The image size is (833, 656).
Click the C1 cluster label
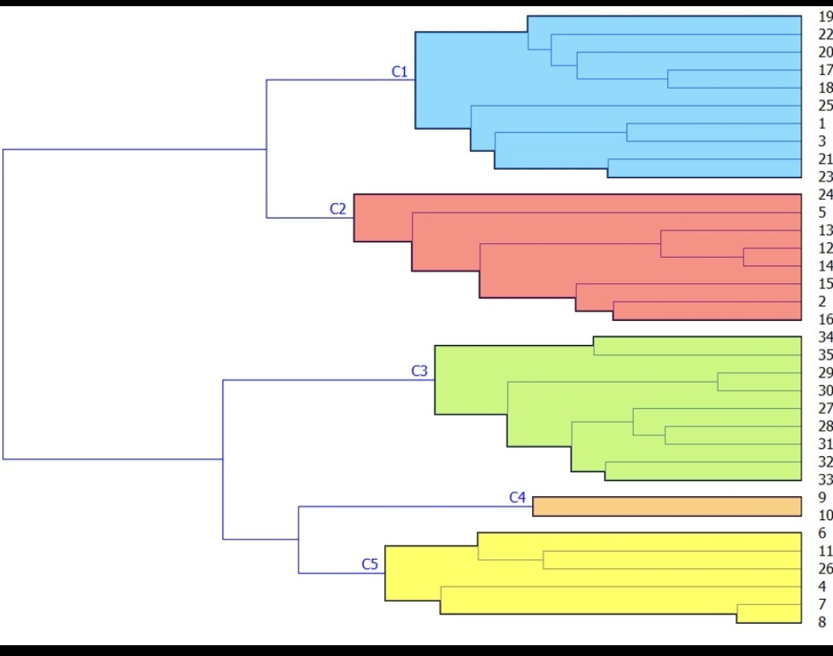coord(399,72)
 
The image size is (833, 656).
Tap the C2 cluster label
coord(338,208)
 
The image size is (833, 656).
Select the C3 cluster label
coord(419,371)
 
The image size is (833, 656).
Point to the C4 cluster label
coord(517,498)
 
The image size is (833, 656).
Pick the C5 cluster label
coord(370,564)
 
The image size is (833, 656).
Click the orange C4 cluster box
coord(667,506)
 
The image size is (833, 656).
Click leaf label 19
coord(825,17)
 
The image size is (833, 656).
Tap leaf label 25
coord(825,106)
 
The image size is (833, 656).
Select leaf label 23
coord(825,177)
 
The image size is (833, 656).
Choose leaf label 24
coord(825,194)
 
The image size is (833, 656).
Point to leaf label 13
coord(825,230)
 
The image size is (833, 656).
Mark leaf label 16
coord(825,319)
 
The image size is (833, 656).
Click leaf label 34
coord(825,337)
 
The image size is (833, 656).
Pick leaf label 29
coord(825,373)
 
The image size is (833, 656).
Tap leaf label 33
coord(825,479)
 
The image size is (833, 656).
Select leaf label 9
coord(821,498)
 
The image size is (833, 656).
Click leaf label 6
coord(821,533)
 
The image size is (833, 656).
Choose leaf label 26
coord(825,569)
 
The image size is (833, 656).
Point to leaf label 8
coord(821,622)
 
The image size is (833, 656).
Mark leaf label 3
coord(821,141)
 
